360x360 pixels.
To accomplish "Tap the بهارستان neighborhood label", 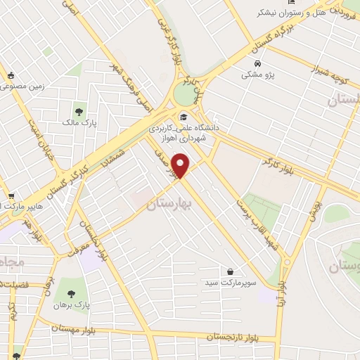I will (x=168, y=206).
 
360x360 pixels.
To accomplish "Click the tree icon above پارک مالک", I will (x=79, y=110).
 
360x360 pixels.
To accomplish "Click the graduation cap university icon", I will (x=184, y=117).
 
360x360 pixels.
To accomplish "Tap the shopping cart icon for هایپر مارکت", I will (x=10, y=196).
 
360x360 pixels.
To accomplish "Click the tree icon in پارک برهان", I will (x=70, y=294).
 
